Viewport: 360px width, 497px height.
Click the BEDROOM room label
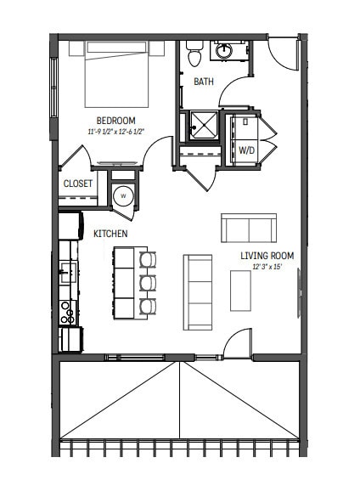pos(115,121)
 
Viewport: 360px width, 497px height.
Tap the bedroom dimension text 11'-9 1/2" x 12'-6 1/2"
pos(116,132)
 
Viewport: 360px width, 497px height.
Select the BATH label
pos(204,82)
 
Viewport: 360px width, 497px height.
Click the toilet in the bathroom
pos(194,54)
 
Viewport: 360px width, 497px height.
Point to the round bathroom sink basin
pos(224,50)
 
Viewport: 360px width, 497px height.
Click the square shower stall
pos(204,125)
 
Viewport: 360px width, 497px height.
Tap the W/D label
pos(246,150)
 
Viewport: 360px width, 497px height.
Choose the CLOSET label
pos(78,184)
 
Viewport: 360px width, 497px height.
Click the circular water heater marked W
pos(124,196)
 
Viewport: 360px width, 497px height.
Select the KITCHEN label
pos(110,234)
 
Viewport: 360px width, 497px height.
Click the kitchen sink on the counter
pos(69,272)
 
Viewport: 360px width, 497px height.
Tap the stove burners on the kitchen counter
pos(68,313)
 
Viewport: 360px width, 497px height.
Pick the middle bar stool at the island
pos(148,283)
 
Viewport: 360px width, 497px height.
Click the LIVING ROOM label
pos(267,256)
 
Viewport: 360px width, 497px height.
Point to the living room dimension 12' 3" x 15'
pos(267,267)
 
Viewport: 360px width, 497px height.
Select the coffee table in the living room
pos(241,291)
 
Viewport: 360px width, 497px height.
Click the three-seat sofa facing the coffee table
pos(198,292)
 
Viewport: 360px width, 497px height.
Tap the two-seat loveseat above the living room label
pos(249,228)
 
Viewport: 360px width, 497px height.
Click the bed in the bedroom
pos(116,74)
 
